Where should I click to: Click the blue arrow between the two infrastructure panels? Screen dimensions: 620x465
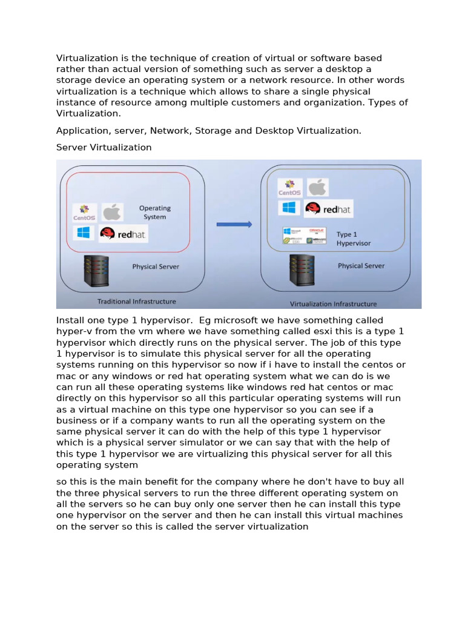point(234,224)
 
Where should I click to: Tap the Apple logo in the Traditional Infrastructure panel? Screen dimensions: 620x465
point(112,212)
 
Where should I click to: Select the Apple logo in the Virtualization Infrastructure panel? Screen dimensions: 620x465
point(317,186)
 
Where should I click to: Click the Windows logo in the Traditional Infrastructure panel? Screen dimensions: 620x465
point(83,233)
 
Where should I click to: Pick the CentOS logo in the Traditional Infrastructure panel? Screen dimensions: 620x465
point(84,212)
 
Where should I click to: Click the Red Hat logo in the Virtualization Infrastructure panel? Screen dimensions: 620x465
point(328,209)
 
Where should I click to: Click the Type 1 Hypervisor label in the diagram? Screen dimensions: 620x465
point(354,239)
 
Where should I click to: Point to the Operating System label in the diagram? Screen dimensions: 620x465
point(155,213)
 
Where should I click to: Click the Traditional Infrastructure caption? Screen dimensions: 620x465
point(137,301)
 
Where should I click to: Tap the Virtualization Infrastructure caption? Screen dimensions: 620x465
point(333,304)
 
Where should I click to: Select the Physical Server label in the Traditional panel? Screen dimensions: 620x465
point(156,266)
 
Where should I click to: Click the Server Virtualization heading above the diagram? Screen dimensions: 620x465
point(104,148)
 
